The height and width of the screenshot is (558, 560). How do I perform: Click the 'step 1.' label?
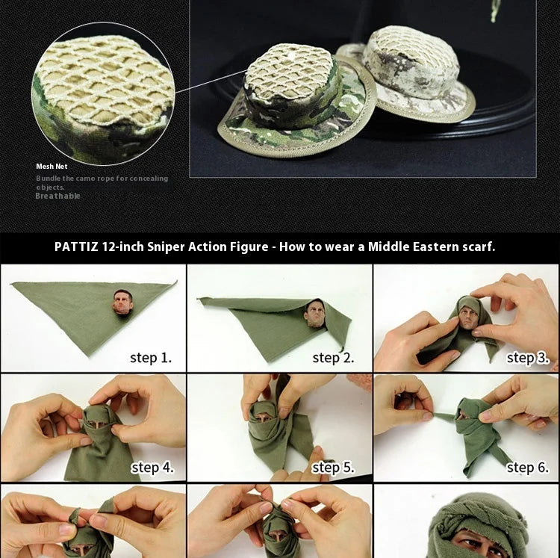tap(151, 358)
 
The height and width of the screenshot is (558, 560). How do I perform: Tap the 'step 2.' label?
tap(333, 358)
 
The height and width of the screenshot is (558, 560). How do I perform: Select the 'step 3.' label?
tap(527, 358)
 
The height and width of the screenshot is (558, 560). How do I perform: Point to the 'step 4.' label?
tap(152, 468)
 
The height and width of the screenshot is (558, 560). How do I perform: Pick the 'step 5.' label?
tap(333, 468)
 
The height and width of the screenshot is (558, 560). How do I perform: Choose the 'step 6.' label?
tap(527, 468)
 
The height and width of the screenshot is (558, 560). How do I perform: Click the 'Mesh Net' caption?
tap(52, 167)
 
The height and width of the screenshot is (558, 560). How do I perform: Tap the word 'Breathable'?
tap(57, 196)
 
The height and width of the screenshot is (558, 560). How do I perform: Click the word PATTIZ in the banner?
tap(77, 247)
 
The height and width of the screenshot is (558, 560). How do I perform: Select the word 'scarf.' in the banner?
tap(477, 247)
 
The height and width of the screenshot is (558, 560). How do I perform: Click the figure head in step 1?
tap(122, 303)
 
